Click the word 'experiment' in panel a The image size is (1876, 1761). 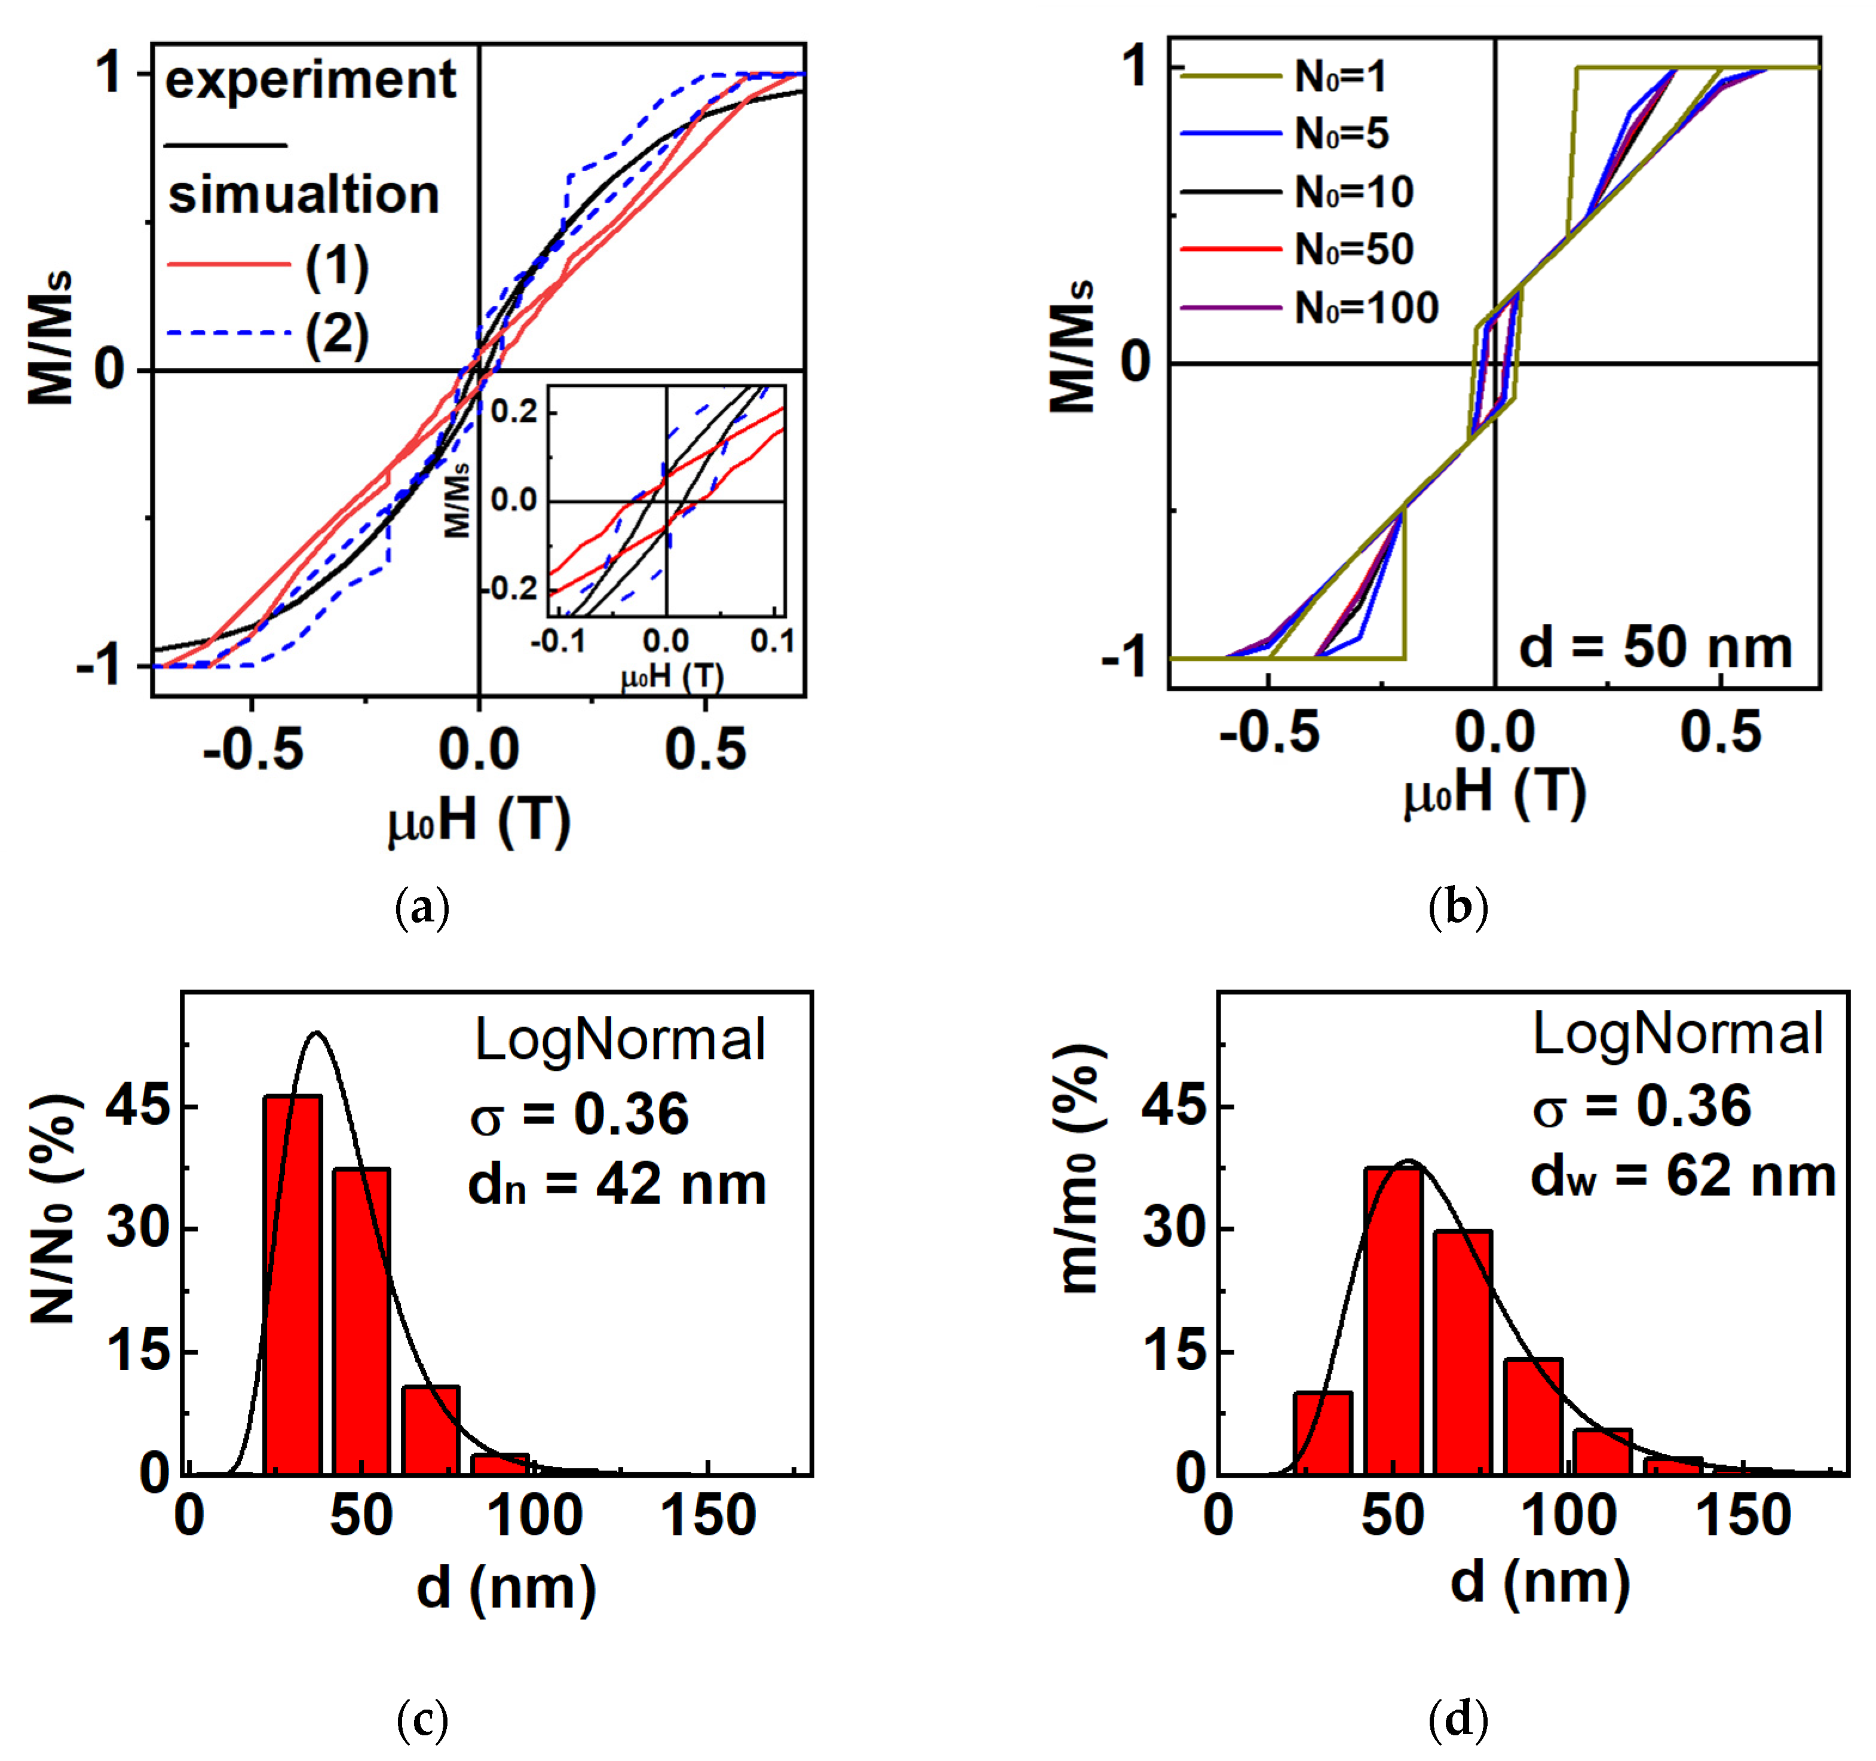311,81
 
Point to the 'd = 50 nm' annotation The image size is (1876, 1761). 1655,648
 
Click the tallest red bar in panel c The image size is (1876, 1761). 293,1284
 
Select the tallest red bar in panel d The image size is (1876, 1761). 1393,1320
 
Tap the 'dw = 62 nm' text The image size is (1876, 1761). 1682,1177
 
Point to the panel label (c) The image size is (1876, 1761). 422,1720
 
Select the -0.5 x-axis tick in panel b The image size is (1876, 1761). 1269,733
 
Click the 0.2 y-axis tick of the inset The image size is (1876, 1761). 514,412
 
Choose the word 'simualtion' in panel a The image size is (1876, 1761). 304,195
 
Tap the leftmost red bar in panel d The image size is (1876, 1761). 1323,1432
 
